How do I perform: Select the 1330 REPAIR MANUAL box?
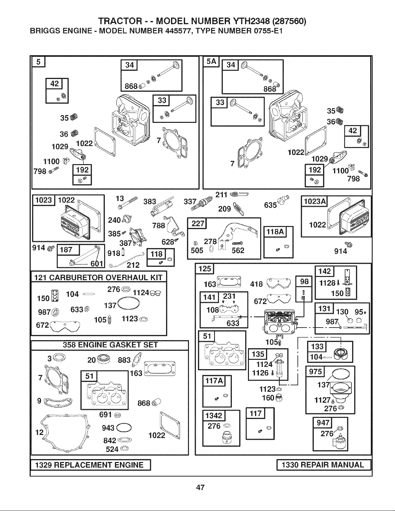(323, 465)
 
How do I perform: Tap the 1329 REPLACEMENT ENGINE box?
(91, 465)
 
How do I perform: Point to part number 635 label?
(271, 205)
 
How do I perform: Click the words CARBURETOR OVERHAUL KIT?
(106, 278)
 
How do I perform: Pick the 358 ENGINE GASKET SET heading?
(110, 345)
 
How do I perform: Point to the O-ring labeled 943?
(124, 428)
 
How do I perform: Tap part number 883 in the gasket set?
(124, 360)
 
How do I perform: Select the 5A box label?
(211, 62)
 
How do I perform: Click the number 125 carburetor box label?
(204, 269)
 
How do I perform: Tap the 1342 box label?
(214, 416)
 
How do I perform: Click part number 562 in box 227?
(238, 251)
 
